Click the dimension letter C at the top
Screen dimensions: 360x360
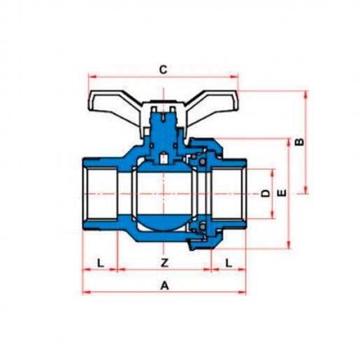coord(163,69)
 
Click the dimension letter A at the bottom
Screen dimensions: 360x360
coord(164,285)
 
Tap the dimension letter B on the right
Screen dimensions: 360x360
coord(299,142)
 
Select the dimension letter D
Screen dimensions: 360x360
coord(265,193)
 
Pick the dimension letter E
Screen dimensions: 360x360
coord(282,193)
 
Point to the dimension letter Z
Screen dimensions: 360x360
coord(164,263)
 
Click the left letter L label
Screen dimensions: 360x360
coord(100,263)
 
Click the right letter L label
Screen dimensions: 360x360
coord(229,263)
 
